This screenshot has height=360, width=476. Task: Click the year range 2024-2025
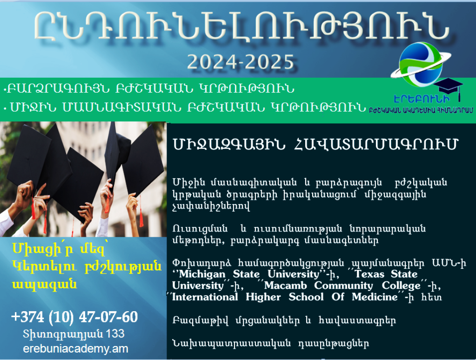[x=241, y=62]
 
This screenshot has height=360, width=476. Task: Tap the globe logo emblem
[x=421, y=64]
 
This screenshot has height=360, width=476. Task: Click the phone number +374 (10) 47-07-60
[x=74, y=317]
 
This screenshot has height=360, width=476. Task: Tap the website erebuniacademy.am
[x=75, y=348]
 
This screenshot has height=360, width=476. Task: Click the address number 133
[x=115, y=333]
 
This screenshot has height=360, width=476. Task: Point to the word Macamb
[x=285, y=285]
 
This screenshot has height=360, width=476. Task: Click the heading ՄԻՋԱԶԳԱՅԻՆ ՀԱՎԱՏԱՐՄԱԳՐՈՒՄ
[x=315, y=144]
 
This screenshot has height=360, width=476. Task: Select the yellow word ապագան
[x=44, y=285]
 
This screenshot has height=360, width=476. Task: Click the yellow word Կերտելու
[x=45, y=267]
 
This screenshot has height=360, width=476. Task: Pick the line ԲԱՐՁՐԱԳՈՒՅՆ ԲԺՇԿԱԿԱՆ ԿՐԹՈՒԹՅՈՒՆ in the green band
[x=149, y=89]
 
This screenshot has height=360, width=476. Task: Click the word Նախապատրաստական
[x=232, y=344]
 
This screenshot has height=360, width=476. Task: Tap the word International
[x=205, y=297]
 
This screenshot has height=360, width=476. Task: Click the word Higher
[x=263, y=297]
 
